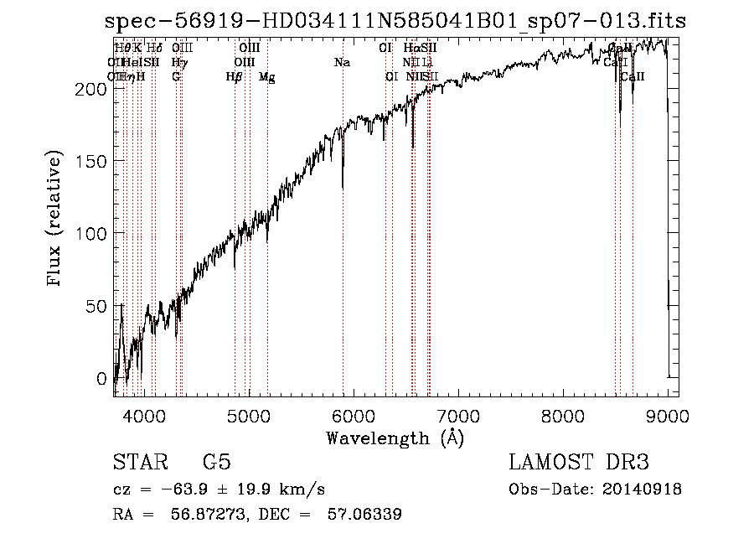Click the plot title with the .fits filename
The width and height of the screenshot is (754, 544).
tap(395, 22)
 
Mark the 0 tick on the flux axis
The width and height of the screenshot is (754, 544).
tap(103, 379)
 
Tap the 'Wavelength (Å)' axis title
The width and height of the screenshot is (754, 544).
tap(395, 438)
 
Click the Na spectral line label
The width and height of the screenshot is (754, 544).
tap(342, 62)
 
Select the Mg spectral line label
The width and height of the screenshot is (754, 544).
tap(267, 77)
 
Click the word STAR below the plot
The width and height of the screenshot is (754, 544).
tap(140, 462)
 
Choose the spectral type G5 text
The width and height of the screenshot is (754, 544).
tap(216, 462)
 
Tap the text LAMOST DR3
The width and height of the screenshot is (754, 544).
tap(578, 462)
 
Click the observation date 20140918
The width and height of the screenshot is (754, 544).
tap(642, 490)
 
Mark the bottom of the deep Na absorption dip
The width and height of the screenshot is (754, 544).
tap(343, 189)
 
